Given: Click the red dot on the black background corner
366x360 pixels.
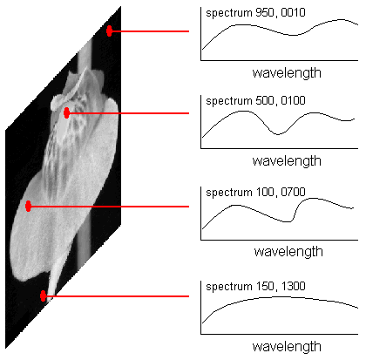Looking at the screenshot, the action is [109, 31].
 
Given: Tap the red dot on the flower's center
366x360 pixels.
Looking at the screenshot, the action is [66, 112].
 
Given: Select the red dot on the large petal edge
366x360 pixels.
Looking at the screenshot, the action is [28, 206].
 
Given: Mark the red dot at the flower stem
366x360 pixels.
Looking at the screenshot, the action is [44, 295].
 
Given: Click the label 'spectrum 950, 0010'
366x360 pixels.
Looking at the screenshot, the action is [255, 13].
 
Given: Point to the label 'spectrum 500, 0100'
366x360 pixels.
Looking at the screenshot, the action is [255, 101].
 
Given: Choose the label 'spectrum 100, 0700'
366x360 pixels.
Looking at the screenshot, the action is [255, 192].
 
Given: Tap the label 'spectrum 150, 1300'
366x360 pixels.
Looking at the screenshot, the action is [255, 286].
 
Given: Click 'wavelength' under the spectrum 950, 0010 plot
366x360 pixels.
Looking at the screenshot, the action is [287, 72].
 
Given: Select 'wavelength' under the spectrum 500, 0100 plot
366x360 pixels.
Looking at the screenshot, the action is [287, 160].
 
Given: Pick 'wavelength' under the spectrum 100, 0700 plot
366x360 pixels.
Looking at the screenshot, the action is [288, 251].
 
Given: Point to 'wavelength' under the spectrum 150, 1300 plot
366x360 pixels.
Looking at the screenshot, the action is [287, 346].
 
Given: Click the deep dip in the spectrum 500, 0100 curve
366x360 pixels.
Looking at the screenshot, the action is [278, 134].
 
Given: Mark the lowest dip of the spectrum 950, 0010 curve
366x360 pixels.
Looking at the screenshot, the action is [293, 35].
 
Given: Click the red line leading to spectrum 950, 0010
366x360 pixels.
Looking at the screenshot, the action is [151, 31].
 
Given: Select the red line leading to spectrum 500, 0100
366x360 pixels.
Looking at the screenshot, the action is [129, 113].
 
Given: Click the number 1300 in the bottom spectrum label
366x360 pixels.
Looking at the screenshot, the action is [294, 286].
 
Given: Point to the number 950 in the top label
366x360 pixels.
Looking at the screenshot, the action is [264, 13].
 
